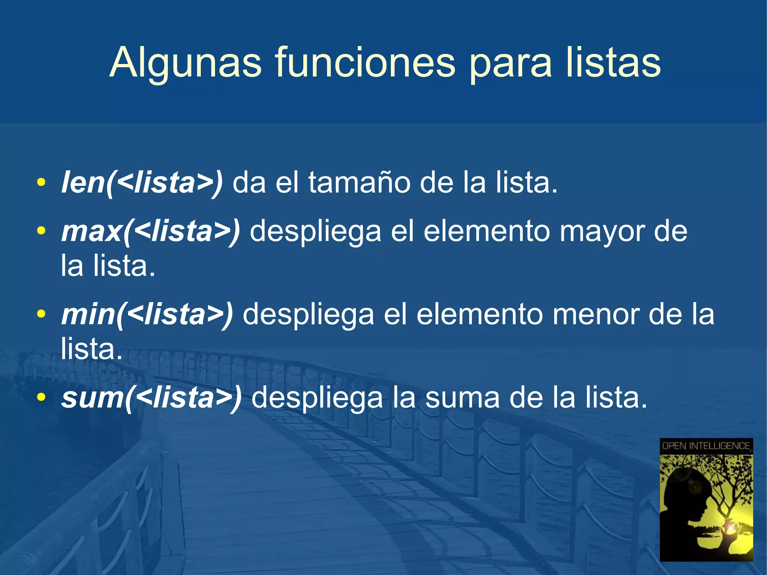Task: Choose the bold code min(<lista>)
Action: pos(147,314)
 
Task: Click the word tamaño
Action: pos(359,182)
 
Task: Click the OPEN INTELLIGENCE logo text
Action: pos(706,446)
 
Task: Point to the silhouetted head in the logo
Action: pos(685,494)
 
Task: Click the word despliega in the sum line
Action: pos(317,398)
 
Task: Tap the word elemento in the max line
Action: pos(486,231)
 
